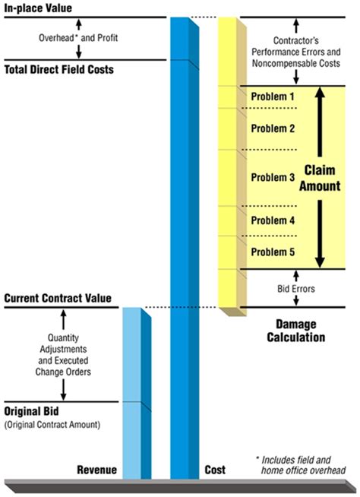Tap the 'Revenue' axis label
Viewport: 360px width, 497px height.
tap(96, 470)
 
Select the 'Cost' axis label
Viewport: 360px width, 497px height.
tap(216, 470)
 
